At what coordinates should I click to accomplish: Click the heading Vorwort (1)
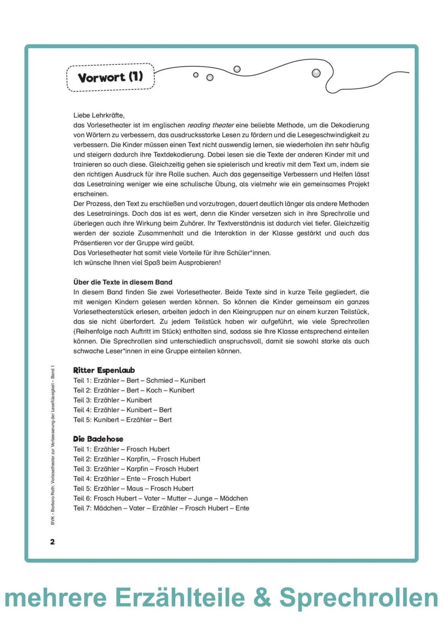tap(110, 77)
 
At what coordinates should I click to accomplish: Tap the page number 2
tap(52, 542)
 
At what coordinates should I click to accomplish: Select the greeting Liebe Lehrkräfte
tap(99, 115)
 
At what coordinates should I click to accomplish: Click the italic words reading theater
tap(211, 125)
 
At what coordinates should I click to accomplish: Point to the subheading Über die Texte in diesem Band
tap(123, 282)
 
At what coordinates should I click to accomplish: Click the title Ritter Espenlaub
tap(104, 370)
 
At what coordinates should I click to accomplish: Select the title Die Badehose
tap(98, 439)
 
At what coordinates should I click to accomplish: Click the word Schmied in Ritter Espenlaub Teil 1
tap(159, 381)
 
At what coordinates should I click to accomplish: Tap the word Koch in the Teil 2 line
tap(154, 390)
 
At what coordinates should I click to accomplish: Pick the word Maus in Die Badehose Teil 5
tap(135, 489)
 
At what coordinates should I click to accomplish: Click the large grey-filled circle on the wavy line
tap(316, 73)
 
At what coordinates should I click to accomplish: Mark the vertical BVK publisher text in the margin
tap(53, 444)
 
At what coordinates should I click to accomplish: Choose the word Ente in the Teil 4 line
tap(133, 479)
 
